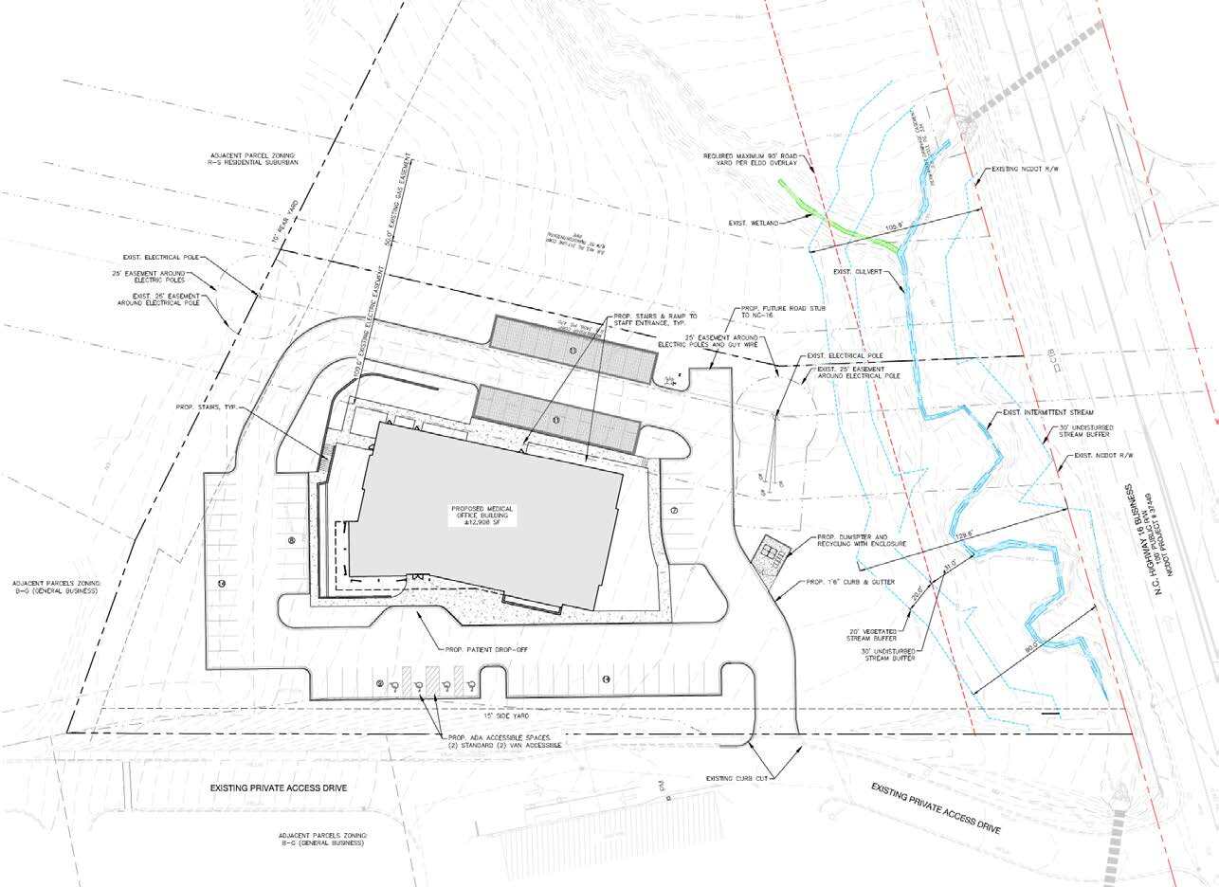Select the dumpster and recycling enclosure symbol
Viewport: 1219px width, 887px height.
769,552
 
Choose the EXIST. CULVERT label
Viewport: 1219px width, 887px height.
858,272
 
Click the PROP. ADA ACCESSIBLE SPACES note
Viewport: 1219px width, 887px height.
502,741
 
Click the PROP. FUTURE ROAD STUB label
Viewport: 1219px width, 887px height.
767,314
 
